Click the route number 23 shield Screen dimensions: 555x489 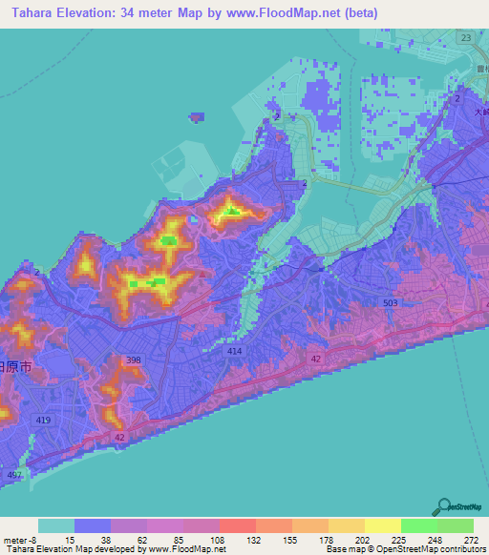[465, 37]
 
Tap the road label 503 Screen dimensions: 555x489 [391, 302]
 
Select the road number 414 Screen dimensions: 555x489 [235, 351]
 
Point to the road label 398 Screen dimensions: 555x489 [135, 360]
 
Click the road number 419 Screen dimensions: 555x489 [44, 420]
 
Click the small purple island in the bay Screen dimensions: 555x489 [196, 117]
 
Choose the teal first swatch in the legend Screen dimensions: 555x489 [56, 525]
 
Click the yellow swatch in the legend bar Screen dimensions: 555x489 [382, 525]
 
